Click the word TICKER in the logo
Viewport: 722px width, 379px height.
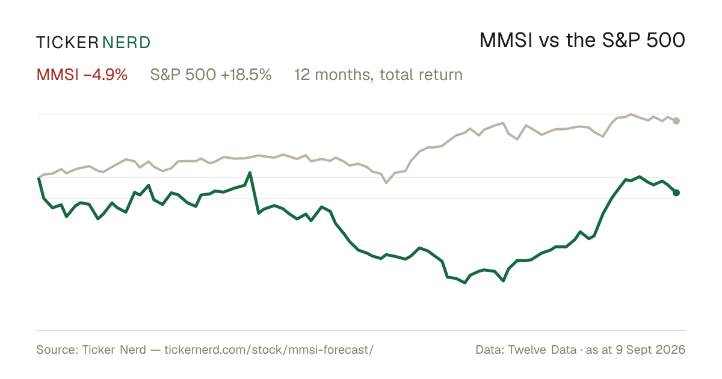coord(67,43)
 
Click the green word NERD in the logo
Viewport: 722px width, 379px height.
coord(126,43)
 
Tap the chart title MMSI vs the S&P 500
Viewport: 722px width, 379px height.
coord(582,40)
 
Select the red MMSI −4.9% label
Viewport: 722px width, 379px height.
coord(82,75)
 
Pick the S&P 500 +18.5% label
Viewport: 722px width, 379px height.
coord(211,75)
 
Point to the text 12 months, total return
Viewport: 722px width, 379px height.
coord(378,75)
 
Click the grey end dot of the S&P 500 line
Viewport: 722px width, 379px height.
coord(676,121)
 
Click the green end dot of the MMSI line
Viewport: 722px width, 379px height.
coord(676,193)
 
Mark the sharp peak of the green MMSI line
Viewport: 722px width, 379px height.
coord(250,173)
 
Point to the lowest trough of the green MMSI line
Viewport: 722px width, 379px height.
coord(464,283)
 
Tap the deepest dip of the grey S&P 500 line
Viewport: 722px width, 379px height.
coord(386,182)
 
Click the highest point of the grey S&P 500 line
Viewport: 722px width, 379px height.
coord(631,114)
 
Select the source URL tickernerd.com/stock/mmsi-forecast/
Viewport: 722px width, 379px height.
coord(269,350)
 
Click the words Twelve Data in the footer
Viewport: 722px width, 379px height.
coord(542,350)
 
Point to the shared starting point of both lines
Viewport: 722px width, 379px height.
coord(39,177)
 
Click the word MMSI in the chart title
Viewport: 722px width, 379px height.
coord(506,40)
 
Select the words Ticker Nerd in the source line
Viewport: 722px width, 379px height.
coord(114,350)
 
